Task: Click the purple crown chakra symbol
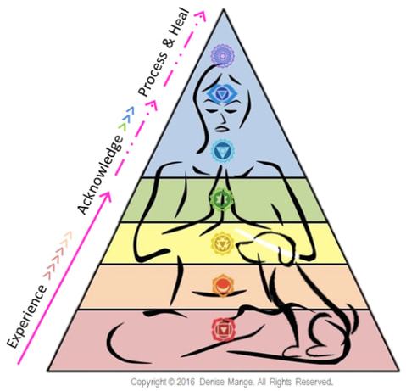click(223, 56)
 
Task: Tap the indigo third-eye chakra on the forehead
click(221, 93)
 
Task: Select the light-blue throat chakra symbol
click(223, 151)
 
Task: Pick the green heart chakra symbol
click(222, 199)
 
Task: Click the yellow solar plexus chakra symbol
click(223, 243)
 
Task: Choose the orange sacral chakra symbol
click(223, 285)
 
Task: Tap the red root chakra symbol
click(224, 329)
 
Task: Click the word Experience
click(27, 316)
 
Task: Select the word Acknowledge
click(100, 175)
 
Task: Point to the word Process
click(153, 74)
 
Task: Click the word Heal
click(180, 25)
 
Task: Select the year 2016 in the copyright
click(186, 382)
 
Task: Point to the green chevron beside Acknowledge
click(122, 127)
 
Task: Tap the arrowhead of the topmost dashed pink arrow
click(200, 15)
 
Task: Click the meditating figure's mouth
click(223, 128)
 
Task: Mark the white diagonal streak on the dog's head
click(267, 243)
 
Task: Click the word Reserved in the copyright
click(314, 382)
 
